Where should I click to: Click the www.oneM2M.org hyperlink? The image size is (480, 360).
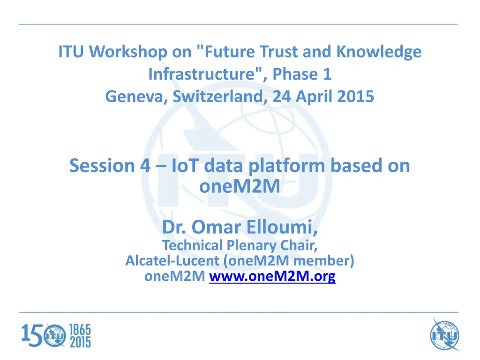[x=272, y=276]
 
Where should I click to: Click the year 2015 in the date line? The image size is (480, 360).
[x=355, y=97]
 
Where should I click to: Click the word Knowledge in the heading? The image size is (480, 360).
[x=379, y=52]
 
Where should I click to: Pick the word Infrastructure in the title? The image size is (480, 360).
[x=205, y=75]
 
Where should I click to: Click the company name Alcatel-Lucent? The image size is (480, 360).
[x=172, y=261]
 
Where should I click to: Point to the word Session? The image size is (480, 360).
[x=102, y=165]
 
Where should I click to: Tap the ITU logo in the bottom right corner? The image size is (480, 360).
[x=444, y=335]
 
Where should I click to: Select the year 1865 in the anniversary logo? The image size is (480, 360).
[x=80, y=330]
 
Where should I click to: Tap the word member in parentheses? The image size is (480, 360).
[x=322, y=261]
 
